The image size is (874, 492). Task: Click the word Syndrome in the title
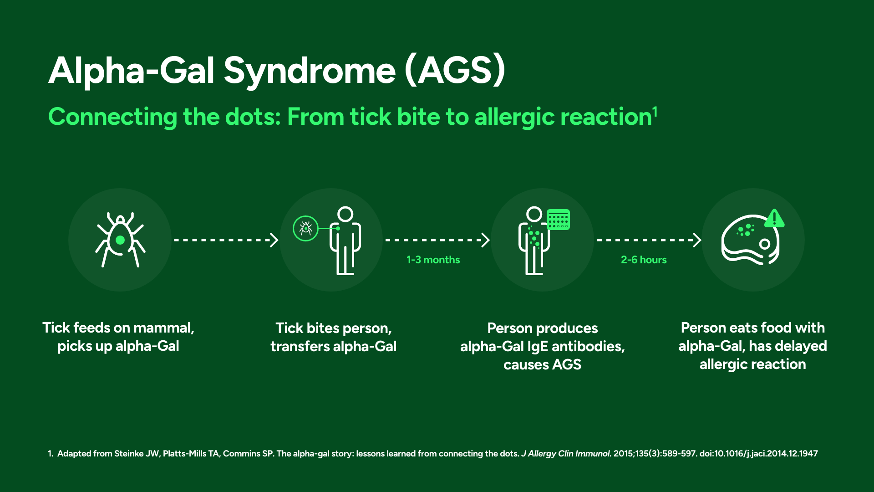310,72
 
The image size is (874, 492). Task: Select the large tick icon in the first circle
120,240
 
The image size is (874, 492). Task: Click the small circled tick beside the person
305,228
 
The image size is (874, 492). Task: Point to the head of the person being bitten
346,214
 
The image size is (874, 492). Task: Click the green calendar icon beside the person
558,220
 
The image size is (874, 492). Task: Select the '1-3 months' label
433,260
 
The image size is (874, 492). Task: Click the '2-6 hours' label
644,260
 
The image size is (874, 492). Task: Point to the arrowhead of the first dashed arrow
274,240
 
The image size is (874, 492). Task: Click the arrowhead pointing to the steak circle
697,240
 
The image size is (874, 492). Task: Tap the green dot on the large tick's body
120,240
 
